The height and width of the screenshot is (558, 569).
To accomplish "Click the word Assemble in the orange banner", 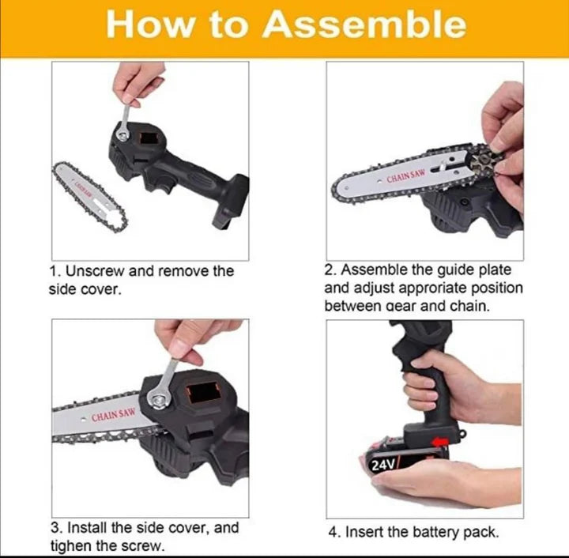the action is pyautogui.click(x=364, y=25).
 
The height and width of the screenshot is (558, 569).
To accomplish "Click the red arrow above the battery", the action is pyautogui.click(x=440, y=442).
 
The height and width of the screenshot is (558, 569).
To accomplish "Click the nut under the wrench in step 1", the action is pyautogui.click(x=123, y=136).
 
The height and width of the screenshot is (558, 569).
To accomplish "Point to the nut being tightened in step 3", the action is pyautogui.click(x=158, y=401).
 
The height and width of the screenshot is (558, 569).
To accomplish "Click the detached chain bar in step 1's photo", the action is pyautogui.click(x=90, y=196).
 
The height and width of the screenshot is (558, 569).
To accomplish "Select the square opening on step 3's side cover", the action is pyautogui.click(x=203, y=392).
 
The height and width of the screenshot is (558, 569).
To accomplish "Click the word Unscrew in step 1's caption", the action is pyautogui.click(x=95, y=270).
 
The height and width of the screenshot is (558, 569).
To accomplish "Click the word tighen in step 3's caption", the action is pyautogui.click(x=71, y=546).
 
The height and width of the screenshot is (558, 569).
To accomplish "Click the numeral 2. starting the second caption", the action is pyautogui.click(x=330, y=270).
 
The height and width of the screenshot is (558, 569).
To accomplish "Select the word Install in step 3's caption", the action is pyautogui.click(x=88, y=527).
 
